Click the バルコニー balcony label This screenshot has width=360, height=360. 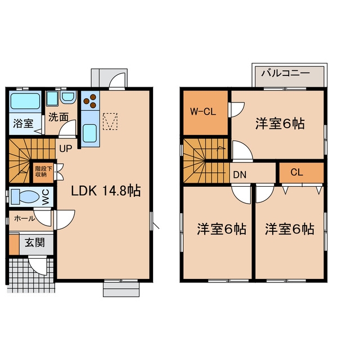(x=286, y=74)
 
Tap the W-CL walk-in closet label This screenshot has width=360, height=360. (x=203, y=112)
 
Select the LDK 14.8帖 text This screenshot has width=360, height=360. (x=106, y=191)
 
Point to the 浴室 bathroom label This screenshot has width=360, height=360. (x=23, y=124)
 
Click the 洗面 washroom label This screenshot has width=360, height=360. (x=58, y=118)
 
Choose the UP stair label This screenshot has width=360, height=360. (x=66, y=148)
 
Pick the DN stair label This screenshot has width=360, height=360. (x=240, y=175)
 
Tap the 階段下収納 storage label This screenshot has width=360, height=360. (x=43, y=171)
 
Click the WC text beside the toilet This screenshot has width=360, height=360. (x=46, y=197)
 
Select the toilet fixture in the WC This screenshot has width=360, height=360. (x=25, y=197)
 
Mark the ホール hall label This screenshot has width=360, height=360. (x=24, y=218)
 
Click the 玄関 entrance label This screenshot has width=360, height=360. (x=35, y=242)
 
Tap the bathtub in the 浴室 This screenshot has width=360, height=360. (x=25, y=101)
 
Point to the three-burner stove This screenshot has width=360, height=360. (x=90, y=100)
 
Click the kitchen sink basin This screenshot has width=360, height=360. (x=90, y=133)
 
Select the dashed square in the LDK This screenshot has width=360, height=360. (x=110, y=121)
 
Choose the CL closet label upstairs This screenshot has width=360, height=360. (x=296, y=172)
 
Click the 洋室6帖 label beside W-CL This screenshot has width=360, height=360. (x=280, y=124)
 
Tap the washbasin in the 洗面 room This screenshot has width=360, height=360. (x=68, y=97)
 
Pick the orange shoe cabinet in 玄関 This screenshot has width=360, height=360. (x=14, y=244)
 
